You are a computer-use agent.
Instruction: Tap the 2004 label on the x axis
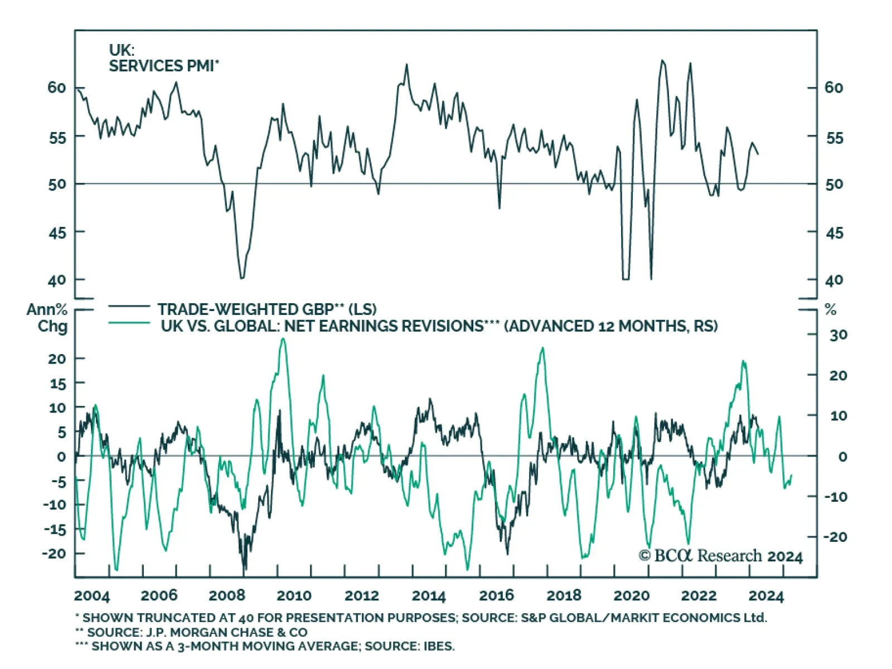tap(92, 595)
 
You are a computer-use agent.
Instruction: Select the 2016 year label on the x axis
tap(496, 595)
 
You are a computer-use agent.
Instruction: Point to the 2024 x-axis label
tap(766, 595)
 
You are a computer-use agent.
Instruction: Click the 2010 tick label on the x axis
tap(294, 595)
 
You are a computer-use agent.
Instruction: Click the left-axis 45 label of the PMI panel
tap(57, 232)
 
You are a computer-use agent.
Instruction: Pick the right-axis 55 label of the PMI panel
tap(834, 138)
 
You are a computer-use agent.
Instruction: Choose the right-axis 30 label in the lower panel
tap(838, 335)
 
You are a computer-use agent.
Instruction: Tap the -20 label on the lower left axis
tap(54, 553)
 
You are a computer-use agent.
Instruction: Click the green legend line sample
tap(129, 323)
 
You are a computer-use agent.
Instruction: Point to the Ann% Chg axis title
tap(48, 318)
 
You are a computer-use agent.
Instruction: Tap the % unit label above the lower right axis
tap(831, 310)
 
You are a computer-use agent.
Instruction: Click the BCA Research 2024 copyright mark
tap(720, 556)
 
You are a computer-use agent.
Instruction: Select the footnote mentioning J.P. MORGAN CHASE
tap(191, 632)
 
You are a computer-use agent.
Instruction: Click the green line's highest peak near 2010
tap(283, 339)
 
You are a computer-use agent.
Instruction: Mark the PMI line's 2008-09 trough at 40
tap(242, 277)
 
